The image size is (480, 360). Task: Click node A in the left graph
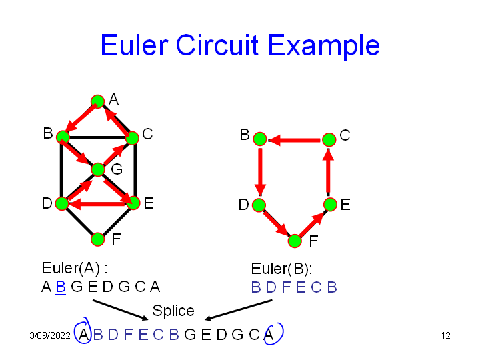pyautogui.click(x=97, y=101)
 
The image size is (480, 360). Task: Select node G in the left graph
pyautogui.click(x=98, y=169)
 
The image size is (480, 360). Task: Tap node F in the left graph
pyautogui.click(x=98, y=239)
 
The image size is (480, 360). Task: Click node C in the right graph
pyautogui.click(x=329, y=139)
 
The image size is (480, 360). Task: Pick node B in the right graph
pyautogui.click(x=260, y=139)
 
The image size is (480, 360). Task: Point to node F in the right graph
pyautogui.click(x=295, y=241)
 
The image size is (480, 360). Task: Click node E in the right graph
pyautogui.click(x=329, y=204)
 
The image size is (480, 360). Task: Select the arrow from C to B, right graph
pyautogui.click(x=293, y=140)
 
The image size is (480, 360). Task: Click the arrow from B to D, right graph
pyautogui.click(x=260, y=170)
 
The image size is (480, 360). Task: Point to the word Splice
pyautogui.click(x=173, y=311)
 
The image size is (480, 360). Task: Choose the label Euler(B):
pyautogui.click(x=281, y=269)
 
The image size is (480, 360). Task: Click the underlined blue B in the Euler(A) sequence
pyautogui.click(x=60, y=287)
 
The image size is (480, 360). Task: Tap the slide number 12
pyautogui.click(x=446, y=335)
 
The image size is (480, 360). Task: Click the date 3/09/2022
pyautogui.click(x=50, y=335)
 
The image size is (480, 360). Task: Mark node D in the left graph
pyautogui.click(x=62, y=203)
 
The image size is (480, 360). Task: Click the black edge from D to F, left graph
pyautogui.click(x=79, y=221)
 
